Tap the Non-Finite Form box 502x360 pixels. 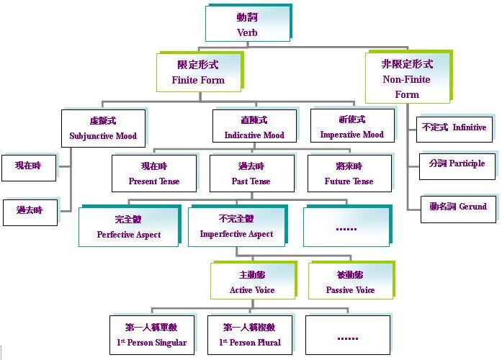[x=407, y=78]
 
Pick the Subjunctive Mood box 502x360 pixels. [x=103, y=127]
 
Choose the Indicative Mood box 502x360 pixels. [x=254, y=127]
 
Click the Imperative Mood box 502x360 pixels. [x=351, y=127]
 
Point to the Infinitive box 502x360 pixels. [x=454, y=128]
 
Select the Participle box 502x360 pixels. [x=457, y=165]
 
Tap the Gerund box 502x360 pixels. [x=458, y=207]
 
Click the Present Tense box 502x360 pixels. [x=154, y=174]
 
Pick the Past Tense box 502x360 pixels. [x=251, y=174]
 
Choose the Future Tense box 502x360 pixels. [x=349, y=174]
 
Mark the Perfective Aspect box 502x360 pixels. [x=128, y=227]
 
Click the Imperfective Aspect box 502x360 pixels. [x=237, y=226]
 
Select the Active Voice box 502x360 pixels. [x=252, y=282]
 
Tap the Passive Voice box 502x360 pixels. [x=349, y=282]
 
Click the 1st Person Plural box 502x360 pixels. [x=250, y=335]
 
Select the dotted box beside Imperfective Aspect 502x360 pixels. [x=346, y=227]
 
